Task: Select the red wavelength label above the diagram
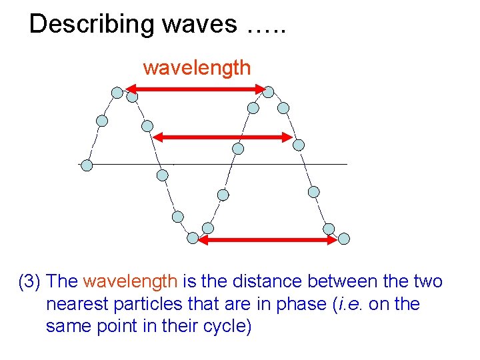tap(197, 67)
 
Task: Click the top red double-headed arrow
tap(193, 89)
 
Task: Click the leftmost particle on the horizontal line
tap(86, 165)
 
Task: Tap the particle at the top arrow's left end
tap(117, 93)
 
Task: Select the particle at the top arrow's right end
tap(269, 92)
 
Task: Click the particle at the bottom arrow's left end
tap(193, 237)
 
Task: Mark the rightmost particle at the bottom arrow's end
tap(344, 238)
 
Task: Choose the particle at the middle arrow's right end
tap(299, 145)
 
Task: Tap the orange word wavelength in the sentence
tap(130, 282)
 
